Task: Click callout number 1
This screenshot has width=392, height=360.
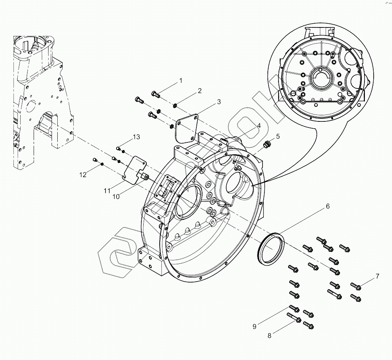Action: [x=181, y=81]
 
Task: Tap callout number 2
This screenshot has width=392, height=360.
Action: [x=199, y=91]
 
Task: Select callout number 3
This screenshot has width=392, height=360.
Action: [x=219, y=102]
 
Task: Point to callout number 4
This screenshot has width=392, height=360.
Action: [x=259, y=126]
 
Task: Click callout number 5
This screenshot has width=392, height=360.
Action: [x=278, y=136]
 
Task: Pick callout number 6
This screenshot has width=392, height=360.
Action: [x=327, y=206]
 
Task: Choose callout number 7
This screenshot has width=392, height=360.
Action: [x=377, y=276]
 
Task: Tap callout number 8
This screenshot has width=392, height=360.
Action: [x=269, y=336]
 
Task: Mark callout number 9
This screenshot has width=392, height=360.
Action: [x=254, y=326]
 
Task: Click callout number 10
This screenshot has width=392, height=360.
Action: [x=116, y=196]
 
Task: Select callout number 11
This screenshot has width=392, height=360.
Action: [x=107, y=190]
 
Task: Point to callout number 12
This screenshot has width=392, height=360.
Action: [x=83, y=174]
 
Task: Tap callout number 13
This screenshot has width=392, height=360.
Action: [x=136, y=137]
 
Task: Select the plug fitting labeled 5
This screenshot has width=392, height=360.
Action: [x=267, y=144]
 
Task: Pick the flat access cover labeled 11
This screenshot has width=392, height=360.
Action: [x=134, y=168]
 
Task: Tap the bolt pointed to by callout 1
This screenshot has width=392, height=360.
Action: [x=155, y=94]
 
